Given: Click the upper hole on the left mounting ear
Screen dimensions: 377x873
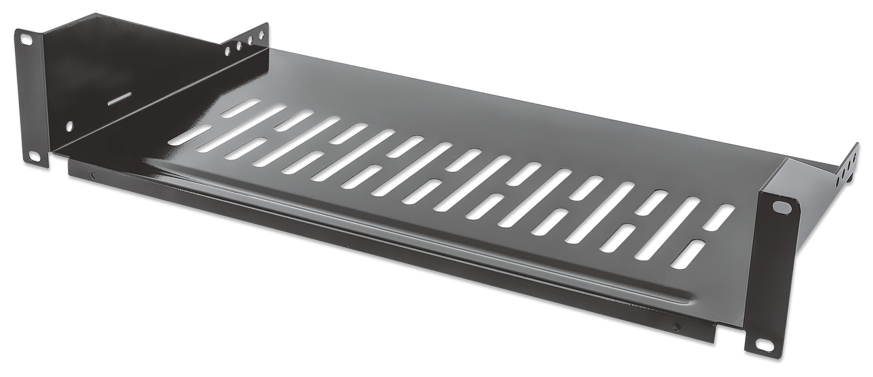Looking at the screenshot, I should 27,40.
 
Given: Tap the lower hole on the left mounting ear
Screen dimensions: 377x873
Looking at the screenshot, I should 36,155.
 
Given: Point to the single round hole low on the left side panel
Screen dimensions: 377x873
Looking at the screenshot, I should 69,126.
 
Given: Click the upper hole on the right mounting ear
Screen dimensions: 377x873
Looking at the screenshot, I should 781,207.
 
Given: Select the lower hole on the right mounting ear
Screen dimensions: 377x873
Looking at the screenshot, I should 763,345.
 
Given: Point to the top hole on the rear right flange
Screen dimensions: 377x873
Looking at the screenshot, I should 852,155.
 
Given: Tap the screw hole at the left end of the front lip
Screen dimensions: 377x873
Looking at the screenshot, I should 92,176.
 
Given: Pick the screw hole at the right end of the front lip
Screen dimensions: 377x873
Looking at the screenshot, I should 675,327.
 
